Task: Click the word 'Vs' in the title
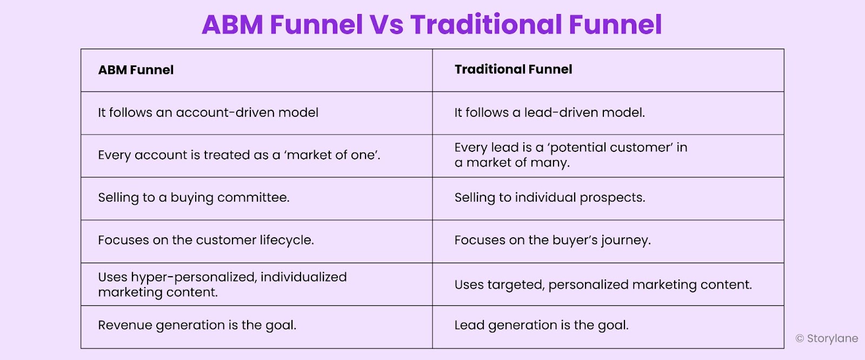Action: pos(386,25)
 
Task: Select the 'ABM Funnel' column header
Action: pos(136,70)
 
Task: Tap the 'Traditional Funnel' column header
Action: pos(513,69)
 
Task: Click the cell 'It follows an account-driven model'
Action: pos(208,112)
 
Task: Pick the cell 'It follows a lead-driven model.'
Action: pos(549,112)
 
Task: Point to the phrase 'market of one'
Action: pos(332,155)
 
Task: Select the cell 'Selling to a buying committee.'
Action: pos(194,197)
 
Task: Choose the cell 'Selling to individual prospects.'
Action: pos(549,197)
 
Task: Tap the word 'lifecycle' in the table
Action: pos(286,240)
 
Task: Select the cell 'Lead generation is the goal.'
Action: pos(541,325)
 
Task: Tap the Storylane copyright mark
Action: pos(800,339)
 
